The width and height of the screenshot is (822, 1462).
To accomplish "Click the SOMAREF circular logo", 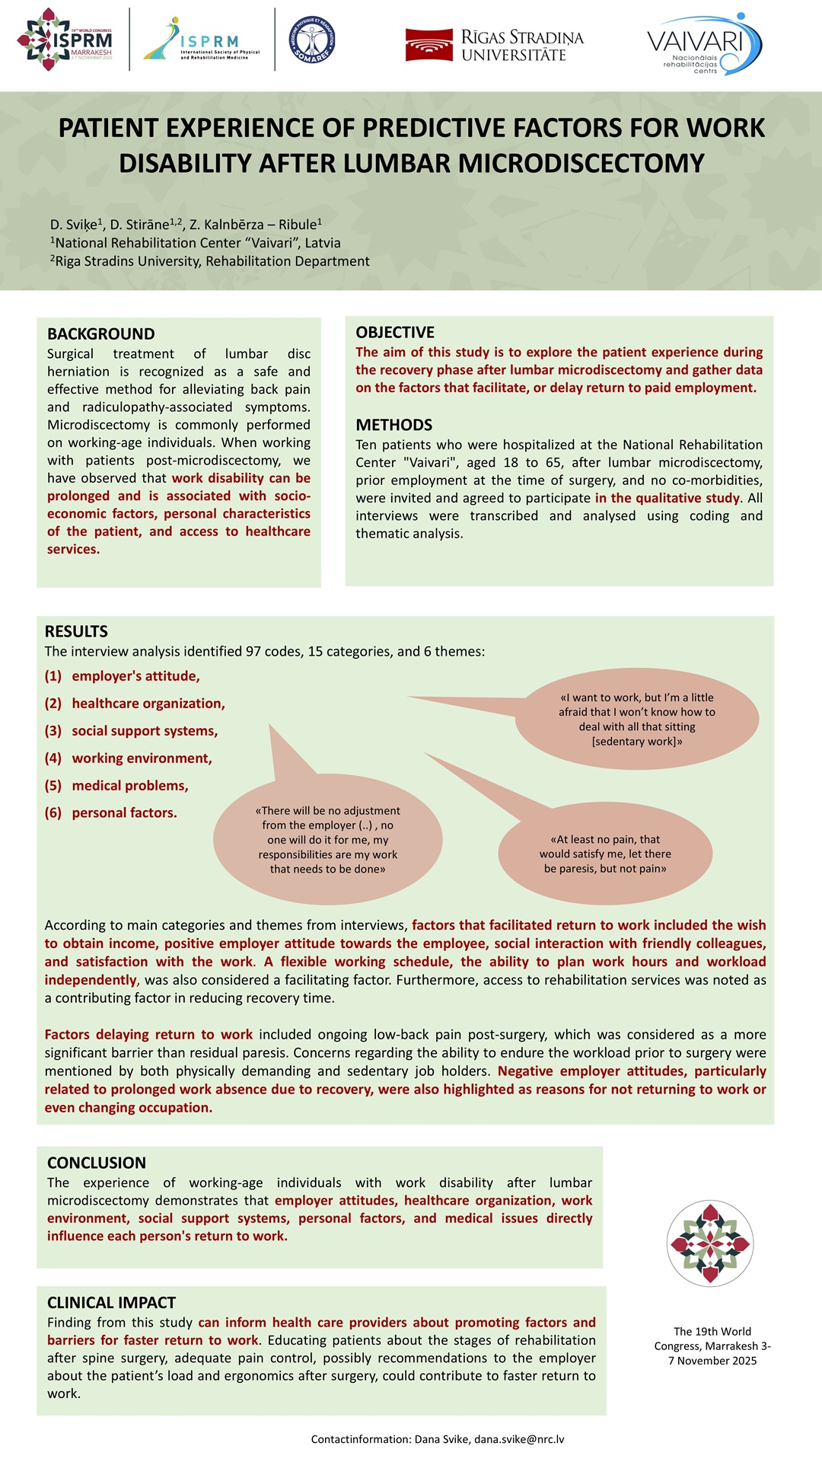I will click(312, 40).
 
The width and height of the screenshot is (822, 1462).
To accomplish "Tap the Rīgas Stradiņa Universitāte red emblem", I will click(429, 44).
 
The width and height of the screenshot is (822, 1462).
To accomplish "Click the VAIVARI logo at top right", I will click(703, 43).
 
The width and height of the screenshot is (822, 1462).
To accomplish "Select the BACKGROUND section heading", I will click(100, 334).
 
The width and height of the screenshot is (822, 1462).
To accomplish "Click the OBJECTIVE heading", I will click(395, 333).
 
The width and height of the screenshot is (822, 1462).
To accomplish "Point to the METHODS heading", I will click(393, 425).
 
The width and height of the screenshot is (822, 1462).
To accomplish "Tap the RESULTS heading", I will click(76, 631).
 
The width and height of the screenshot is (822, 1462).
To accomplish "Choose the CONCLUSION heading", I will click(97, 1163).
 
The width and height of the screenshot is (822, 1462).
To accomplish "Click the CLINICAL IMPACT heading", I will click(111, 1303).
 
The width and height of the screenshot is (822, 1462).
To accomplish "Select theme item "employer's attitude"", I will click(135, 676).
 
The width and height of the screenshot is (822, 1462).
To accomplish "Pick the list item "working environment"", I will click(142, 758).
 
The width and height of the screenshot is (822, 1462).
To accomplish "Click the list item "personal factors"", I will click(124, 813).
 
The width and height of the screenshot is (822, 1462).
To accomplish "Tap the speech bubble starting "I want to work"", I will click(636, 719).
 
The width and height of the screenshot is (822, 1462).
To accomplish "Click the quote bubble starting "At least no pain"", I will click(605, 854).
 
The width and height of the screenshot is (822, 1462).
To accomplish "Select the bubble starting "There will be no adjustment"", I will click(327, 840).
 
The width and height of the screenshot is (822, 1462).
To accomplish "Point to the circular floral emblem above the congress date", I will click(709, 1243).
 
